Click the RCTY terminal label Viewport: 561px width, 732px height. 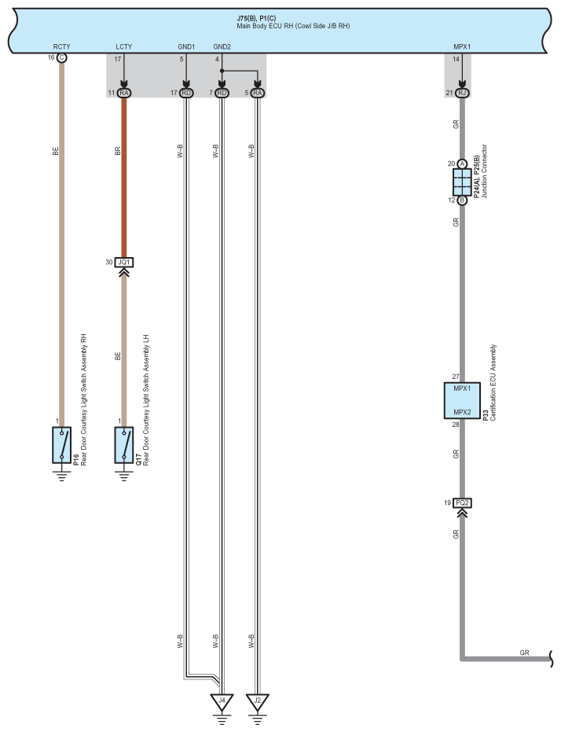click(61, 46)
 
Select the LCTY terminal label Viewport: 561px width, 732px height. click(123, 46)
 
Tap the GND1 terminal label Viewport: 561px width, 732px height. click(186, 46)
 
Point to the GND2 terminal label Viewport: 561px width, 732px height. click(222, 46)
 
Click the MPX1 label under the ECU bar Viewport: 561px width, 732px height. click(463, 46)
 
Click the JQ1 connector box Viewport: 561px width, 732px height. click(124, 262)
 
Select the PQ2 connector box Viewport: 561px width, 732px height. click(463, 502)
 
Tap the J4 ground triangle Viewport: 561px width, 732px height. click(222, 700)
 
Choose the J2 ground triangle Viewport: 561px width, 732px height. click(257, 700)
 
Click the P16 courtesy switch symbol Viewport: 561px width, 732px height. click(61, 445)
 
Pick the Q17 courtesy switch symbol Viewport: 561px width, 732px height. click(124, 445)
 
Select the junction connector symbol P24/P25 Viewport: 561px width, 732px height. click(462, 182)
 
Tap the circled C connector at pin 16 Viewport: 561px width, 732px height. click(62, 58)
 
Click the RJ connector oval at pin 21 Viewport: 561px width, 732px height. click(462, 94)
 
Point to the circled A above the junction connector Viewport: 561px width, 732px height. click(462, 164)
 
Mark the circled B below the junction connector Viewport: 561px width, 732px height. click(462, 200)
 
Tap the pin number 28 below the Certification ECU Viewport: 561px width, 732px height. click(455, 425)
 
